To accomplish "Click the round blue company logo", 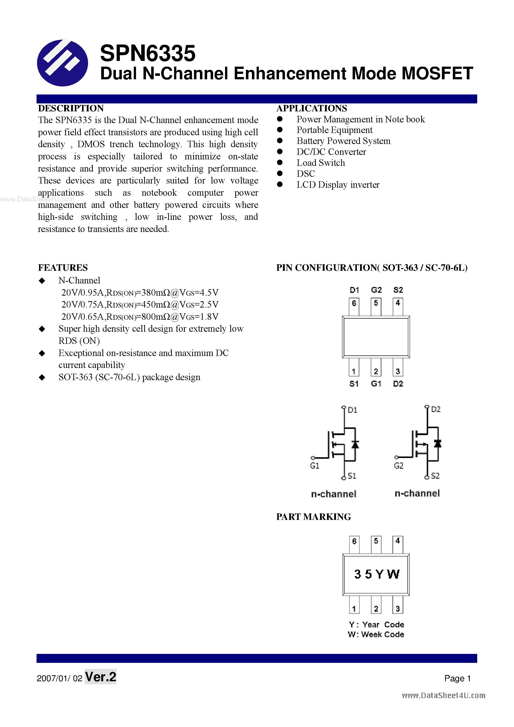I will click(x=62, y=63).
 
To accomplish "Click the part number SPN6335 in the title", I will click(x=147, y=53).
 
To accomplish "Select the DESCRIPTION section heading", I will click(x=71, y=108).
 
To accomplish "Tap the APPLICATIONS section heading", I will click(x=312, y=108).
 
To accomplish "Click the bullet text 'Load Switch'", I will click(x=321, y=163).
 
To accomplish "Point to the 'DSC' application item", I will click(x=306, y=174).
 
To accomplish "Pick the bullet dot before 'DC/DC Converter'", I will click(x=280, y=152).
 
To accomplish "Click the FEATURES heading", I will click(x=63, y=268).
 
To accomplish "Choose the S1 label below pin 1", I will click(x=354, y=384).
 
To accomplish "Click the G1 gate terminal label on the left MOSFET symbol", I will click(x=315, y=466).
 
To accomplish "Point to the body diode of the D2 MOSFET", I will click(x=437, y=444).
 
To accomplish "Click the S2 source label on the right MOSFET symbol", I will click(x=435, y=476).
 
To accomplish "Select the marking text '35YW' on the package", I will click(x=376, y=574).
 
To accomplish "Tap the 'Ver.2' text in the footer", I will click(x=101, y=677).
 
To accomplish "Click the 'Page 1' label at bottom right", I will click(x=457, y=678).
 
